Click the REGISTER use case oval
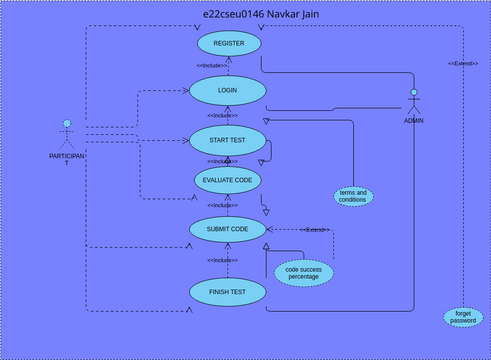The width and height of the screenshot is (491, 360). (229, 44)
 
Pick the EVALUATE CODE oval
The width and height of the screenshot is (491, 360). (228, 180)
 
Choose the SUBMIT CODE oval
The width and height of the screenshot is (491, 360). (227, 229)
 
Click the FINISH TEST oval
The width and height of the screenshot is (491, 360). (228, 291)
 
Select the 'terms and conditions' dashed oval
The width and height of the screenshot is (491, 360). (353, 196)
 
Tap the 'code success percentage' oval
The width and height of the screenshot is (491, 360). (304, 272)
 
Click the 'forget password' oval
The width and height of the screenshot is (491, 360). (463, 317)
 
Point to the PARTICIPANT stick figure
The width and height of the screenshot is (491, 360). (67, 136)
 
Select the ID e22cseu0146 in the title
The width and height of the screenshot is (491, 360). (227, 14)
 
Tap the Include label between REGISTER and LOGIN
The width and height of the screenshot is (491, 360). (211, 66)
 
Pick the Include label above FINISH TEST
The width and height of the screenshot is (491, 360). (222, 260)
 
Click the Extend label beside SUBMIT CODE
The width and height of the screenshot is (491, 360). (316, 230)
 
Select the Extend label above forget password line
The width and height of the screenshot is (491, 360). (462, 63)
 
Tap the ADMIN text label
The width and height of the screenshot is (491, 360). (413, 120)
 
